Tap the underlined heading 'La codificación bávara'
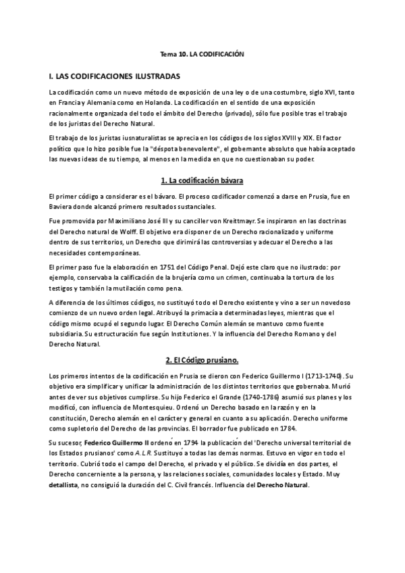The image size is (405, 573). tap(202, 181)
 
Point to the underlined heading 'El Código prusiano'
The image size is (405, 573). tap(202, 359)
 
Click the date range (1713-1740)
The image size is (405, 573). tap(318, 375)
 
